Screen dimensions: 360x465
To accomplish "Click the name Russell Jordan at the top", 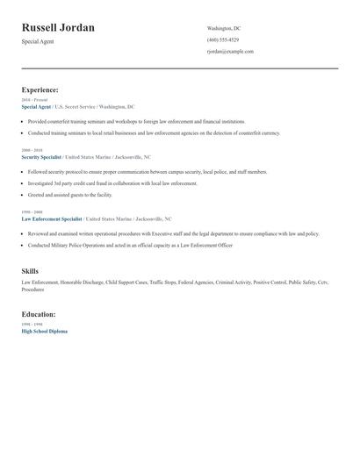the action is (58, 28).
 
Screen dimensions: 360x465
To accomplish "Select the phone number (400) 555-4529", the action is (223, 39).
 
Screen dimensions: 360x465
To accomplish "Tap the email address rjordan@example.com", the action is (230, 51).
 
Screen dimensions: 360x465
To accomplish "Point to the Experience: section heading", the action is (40, 89).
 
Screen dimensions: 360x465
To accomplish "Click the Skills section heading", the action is (30, 271).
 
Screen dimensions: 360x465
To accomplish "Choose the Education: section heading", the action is (39, 313).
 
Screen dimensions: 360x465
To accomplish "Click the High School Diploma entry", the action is (44, 331).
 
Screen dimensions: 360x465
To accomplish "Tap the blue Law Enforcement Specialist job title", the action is (52, 218).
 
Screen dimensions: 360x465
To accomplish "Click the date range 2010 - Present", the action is (36, 100).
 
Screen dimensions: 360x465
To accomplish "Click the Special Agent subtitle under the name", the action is (38, 41).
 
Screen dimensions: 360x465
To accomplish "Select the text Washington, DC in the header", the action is (224, 28).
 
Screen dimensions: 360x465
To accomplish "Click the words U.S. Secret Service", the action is (75, 106).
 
